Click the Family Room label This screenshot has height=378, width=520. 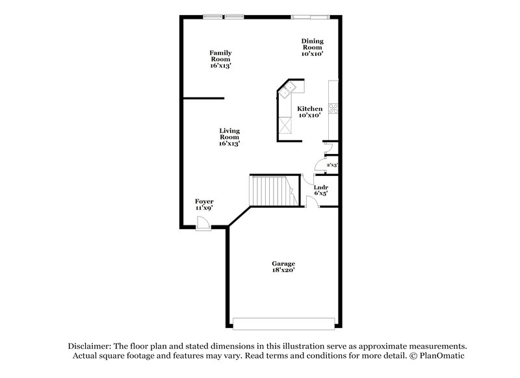click(x=220, y=59)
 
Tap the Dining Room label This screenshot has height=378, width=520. click(x=312, y=47)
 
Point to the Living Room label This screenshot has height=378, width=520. click(x=229, y=136)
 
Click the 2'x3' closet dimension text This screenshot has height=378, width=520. click(x=331, y=165)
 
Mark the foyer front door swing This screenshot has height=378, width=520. click(x=203, y=223)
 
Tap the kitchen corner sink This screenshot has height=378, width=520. click(x=288, y=90)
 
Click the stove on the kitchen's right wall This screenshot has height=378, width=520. click(x=333, y=108)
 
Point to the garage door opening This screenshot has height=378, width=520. click(x=285, y=323)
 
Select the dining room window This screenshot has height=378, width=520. click(x=309, y=16)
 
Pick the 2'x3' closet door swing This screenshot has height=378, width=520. click(x=318, y=166)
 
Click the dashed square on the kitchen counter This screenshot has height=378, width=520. click(x=285, y=124)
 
